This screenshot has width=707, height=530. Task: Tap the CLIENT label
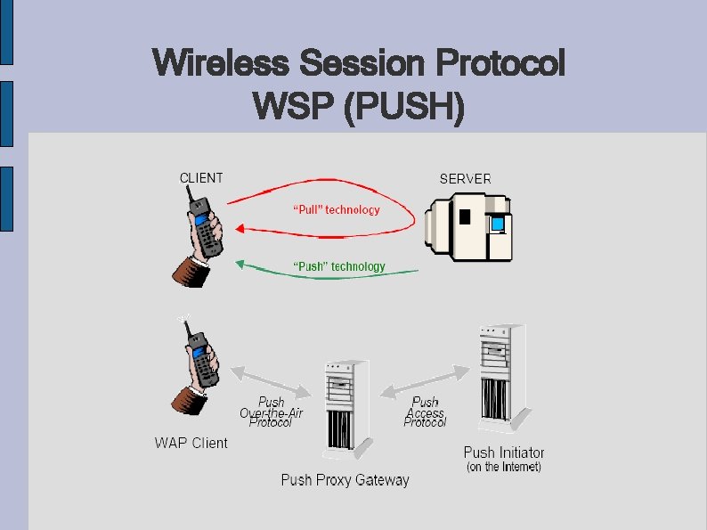(201, 178)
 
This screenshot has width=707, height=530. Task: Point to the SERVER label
(465, 179)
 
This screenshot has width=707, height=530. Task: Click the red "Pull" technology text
(337, 210)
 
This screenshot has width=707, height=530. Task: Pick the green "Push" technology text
(339, 266)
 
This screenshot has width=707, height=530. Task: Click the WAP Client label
(191, 443)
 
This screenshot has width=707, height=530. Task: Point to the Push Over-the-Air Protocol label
(271, 412)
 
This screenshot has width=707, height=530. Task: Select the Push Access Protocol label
(425, 412)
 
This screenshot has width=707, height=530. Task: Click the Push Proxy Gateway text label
(345, 480)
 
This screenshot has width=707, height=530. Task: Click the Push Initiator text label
(503, 453)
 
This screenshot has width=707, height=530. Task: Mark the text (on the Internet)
(503, 467)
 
